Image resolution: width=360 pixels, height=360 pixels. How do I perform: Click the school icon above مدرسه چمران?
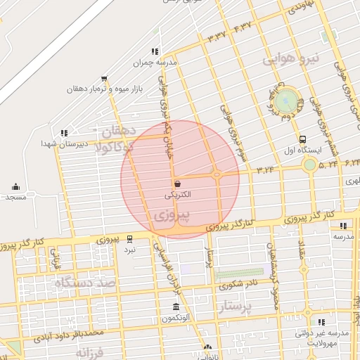(x=155, y=51)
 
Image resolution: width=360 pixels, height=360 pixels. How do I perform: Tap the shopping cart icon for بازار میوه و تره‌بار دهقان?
(x=104, y=79)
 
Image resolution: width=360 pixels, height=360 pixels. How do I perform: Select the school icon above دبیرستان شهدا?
(x=64, y=132)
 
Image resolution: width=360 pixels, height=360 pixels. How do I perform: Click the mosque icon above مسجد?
(x=15, y=187)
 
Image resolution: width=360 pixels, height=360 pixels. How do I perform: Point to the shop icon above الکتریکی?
(x=176, y=183)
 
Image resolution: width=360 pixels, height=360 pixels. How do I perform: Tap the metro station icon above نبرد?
(x=129, y=240)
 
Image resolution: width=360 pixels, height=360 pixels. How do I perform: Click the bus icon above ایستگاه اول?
(x=302, y=139)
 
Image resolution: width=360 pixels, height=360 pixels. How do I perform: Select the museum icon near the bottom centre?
(x=176, y=307)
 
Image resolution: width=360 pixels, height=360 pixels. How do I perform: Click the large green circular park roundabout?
(x=285, y=101)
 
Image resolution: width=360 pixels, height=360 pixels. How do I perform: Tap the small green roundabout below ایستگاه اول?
(x=309, y=165)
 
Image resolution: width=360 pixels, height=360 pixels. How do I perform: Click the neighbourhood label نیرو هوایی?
(x=292, y=58)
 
